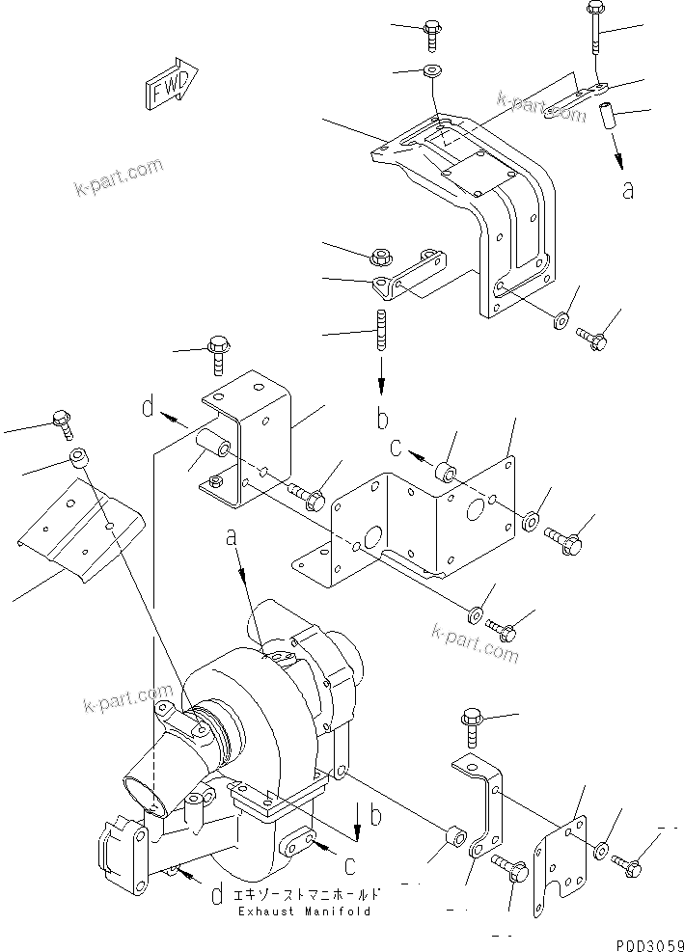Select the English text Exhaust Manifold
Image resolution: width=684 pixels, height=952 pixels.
point(303,911)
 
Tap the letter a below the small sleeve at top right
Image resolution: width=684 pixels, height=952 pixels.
point(628,190)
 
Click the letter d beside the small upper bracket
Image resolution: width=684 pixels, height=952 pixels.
point(148,409)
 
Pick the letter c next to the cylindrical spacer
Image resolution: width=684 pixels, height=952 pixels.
point(397,447)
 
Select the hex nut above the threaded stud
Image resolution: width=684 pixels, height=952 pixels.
point(380,256)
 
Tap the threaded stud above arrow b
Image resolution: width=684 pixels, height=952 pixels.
point(382,329)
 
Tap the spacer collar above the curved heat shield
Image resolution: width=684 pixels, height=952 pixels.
point(80,457)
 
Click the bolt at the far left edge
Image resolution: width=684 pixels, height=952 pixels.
point(63,421)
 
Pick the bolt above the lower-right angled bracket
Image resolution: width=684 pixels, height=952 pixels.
point(474,726)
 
